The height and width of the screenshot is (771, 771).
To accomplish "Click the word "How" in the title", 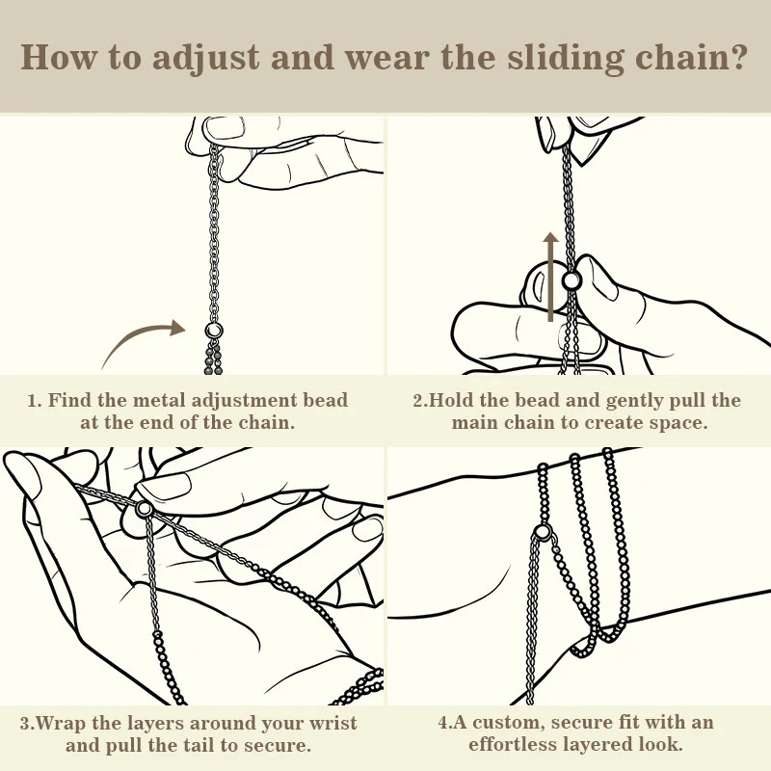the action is tap(58, 58).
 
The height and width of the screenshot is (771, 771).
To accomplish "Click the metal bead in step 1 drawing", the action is tap(214, 329).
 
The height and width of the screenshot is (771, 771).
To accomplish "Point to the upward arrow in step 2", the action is tap(550, 277).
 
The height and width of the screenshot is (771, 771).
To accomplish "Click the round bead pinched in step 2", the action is tap(572, 280).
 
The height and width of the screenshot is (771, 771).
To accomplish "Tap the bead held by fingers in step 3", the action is tap(144, 508).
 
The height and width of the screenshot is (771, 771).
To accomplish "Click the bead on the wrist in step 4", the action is tap(543, 532).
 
